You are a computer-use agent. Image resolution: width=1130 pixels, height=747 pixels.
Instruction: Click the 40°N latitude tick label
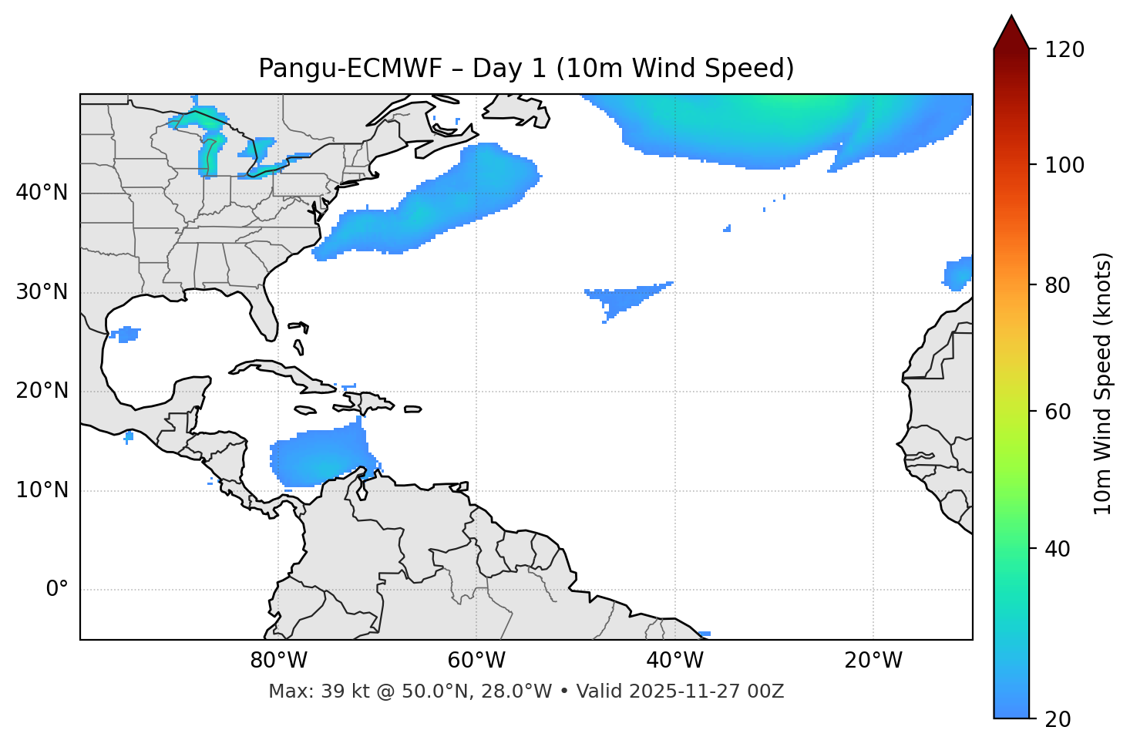click(42, 193)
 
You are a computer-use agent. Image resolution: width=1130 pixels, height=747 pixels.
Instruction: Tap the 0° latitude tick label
click(57, 590)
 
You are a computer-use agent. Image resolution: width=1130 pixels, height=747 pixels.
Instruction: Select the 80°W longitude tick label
click(278, 661)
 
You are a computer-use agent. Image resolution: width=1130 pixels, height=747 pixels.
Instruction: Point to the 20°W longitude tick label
click(873, 661)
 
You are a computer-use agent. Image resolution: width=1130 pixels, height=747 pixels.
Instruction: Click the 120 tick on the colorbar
click(1066, 50)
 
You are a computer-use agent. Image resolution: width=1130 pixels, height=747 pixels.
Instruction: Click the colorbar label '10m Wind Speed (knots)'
click(1103, 383)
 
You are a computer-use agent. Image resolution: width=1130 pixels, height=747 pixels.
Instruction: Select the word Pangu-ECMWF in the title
click(350, 69)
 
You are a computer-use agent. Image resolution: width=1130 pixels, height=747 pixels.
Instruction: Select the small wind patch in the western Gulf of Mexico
click(125, 334)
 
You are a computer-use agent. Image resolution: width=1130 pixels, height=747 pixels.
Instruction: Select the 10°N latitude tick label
click(42, 490)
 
